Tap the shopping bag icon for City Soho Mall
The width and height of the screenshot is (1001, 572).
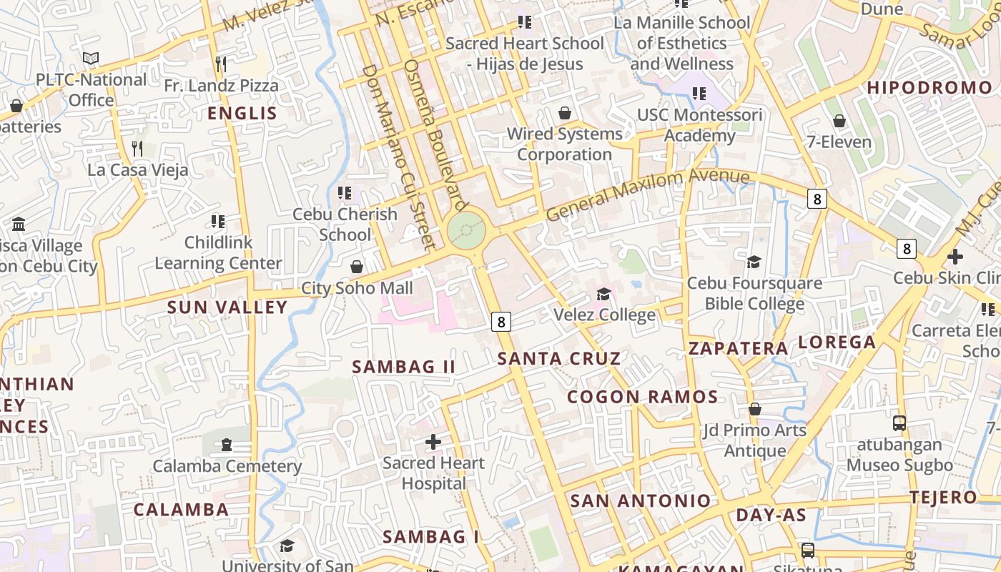coord(356,267)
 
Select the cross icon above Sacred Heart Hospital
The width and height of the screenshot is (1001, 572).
coord(433,442)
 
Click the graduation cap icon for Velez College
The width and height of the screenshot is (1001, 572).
coord(603,294)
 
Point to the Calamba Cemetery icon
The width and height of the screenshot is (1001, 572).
coord(227,445)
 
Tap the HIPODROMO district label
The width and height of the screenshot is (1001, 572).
coord(929,88)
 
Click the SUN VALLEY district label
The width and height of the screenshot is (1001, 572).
coord(227,307)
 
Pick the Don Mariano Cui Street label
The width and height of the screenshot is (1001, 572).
coord(398,157)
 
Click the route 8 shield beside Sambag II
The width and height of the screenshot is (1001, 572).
coord(501,322)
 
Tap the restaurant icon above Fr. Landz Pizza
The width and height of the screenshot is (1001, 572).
coord(221,64)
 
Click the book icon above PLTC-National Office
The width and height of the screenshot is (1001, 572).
coord(91,58)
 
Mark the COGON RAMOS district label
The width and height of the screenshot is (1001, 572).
coord(642,397)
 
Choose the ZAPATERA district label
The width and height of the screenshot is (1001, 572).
coord(738,348)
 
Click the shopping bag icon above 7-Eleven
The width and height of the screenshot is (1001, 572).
coord(839,121)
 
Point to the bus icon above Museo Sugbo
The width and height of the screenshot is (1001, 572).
coord(899,423)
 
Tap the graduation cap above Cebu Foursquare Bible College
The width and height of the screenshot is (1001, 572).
coord(754,262)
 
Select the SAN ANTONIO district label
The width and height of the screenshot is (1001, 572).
coord(640,500)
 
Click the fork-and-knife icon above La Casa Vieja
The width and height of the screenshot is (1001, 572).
coord(137,149)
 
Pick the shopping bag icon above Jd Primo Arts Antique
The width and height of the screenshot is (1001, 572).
coord(754,409)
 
